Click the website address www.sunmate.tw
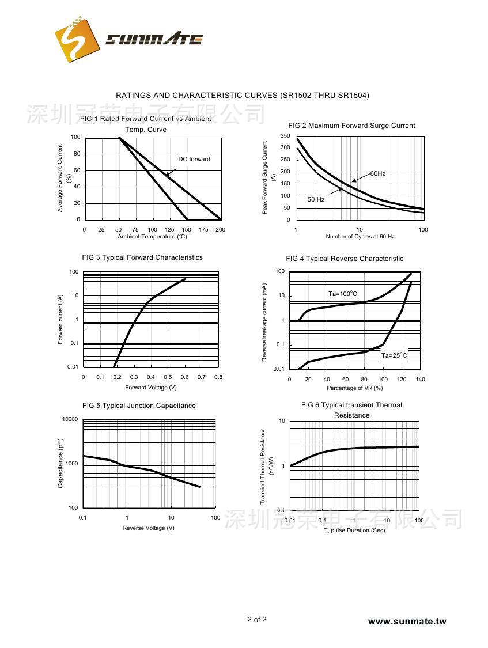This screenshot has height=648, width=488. [x=407, y=621]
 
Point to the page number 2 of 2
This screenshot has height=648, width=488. [x=257, y=620]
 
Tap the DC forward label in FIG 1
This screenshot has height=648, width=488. [x=194, y=159]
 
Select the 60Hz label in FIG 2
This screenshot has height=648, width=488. [x=378, y=173]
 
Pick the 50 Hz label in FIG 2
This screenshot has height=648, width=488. [x=316, y=199]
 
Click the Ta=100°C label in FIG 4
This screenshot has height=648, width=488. [x=343, y=294]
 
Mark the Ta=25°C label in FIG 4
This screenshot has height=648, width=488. [x=394, y=355]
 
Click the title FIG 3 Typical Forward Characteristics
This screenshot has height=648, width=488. [x=142, y=257]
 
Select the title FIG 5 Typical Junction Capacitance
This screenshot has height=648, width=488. [x=139, y=406]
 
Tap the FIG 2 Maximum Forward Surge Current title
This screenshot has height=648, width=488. [x=351, y=126]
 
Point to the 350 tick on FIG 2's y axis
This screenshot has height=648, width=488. [x=285, y=136]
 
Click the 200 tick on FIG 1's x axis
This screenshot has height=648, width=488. [x=220, y=229]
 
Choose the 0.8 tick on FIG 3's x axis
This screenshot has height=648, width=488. [x=218, y=377]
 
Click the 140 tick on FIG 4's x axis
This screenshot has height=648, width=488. [x=420, y=379]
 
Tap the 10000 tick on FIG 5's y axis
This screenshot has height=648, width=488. [x=70, y=419]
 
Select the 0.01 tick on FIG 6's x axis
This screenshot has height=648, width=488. [x=290, y=521]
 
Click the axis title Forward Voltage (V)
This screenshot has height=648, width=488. [x=151, y=388]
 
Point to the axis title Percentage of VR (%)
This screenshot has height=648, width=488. [x=354, y=388]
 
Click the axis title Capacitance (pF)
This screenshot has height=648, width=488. [x=60, y=463]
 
